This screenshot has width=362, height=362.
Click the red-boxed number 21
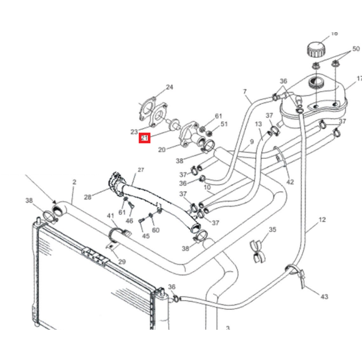pos(144,138)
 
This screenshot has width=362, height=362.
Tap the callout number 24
pos(169,87)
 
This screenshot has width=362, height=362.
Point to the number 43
pos(324,297)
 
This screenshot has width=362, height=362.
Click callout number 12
pos(323,220)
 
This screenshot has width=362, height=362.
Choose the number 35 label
pos(273,230)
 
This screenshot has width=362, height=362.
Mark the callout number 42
pos(290,182)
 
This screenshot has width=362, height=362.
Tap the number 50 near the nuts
pos(356,49)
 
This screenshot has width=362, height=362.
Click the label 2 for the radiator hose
pos(75,182)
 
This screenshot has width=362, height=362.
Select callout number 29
pos(122,261)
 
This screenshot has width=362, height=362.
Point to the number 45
pos(146,236)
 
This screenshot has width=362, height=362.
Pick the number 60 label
pos(156,230)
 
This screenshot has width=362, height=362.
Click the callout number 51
pos(224,124)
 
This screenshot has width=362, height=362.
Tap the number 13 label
pos(258,124)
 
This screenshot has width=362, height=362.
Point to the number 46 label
pos(129,221)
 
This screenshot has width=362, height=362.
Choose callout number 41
pos(110,216)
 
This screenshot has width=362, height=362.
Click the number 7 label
pos(245,91)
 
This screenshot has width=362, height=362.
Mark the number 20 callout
pos(162,150)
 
